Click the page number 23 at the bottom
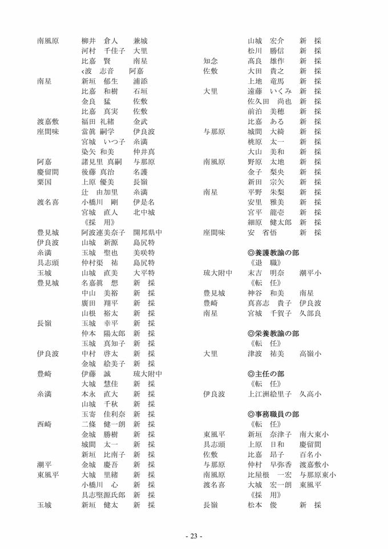pos(193,536)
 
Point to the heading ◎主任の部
pos(266,374)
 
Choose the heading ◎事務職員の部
pos(273,414)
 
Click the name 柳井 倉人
pos(99,41)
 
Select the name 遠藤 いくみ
pos(269,91)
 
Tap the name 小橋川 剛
pos(99,202)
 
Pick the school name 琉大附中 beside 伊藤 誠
pos(148,374)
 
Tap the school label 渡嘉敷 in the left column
pos(48,122)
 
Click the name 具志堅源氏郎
pos(103,495)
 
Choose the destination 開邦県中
pos(148,233)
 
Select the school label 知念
pos(211,61)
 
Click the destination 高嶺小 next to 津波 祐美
pos(310,354)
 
